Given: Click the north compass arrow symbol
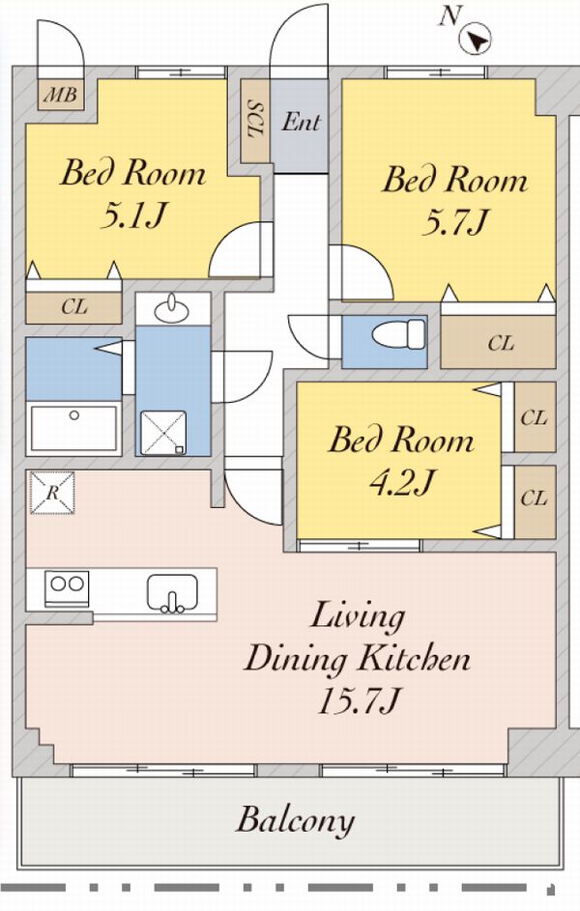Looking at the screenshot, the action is pos(476,39).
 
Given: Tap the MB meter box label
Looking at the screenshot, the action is pos(61,94).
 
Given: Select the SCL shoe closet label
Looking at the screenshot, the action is pos(256,120).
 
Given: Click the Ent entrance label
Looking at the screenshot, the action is pos(301,122).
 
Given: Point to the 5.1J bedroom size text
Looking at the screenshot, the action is pos(133,215).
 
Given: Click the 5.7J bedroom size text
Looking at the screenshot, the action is pos(455,221).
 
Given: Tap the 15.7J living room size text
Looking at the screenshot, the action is pos(358,700).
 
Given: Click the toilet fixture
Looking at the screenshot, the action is pos(399,334).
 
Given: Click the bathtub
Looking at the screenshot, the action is pos(73,428).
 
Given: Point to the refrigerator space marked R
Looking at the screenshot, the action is pos(52,493).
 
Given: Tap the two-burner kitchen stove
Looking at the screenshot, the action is pos(67,588).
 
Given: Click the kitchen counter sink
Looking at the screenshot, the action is pos(172,593).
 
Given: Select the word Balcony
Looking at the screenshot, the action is pos(295,820).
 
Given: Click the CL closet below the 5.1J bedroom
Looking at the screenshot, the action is pos(73,307).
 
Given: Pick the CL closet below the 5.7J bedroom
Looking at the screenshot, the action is pos(498,342).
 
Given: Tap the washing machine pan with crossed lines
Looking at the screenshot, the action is pos(163,433).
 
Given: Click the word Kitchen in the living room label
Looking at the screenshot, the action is pos(413,659).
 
